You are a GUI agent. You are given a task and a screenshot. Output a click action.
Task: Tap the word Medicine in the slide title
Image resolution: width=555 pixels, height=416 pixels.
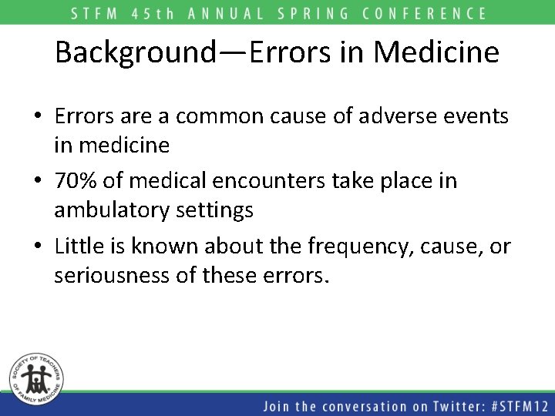pos(437,52)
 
